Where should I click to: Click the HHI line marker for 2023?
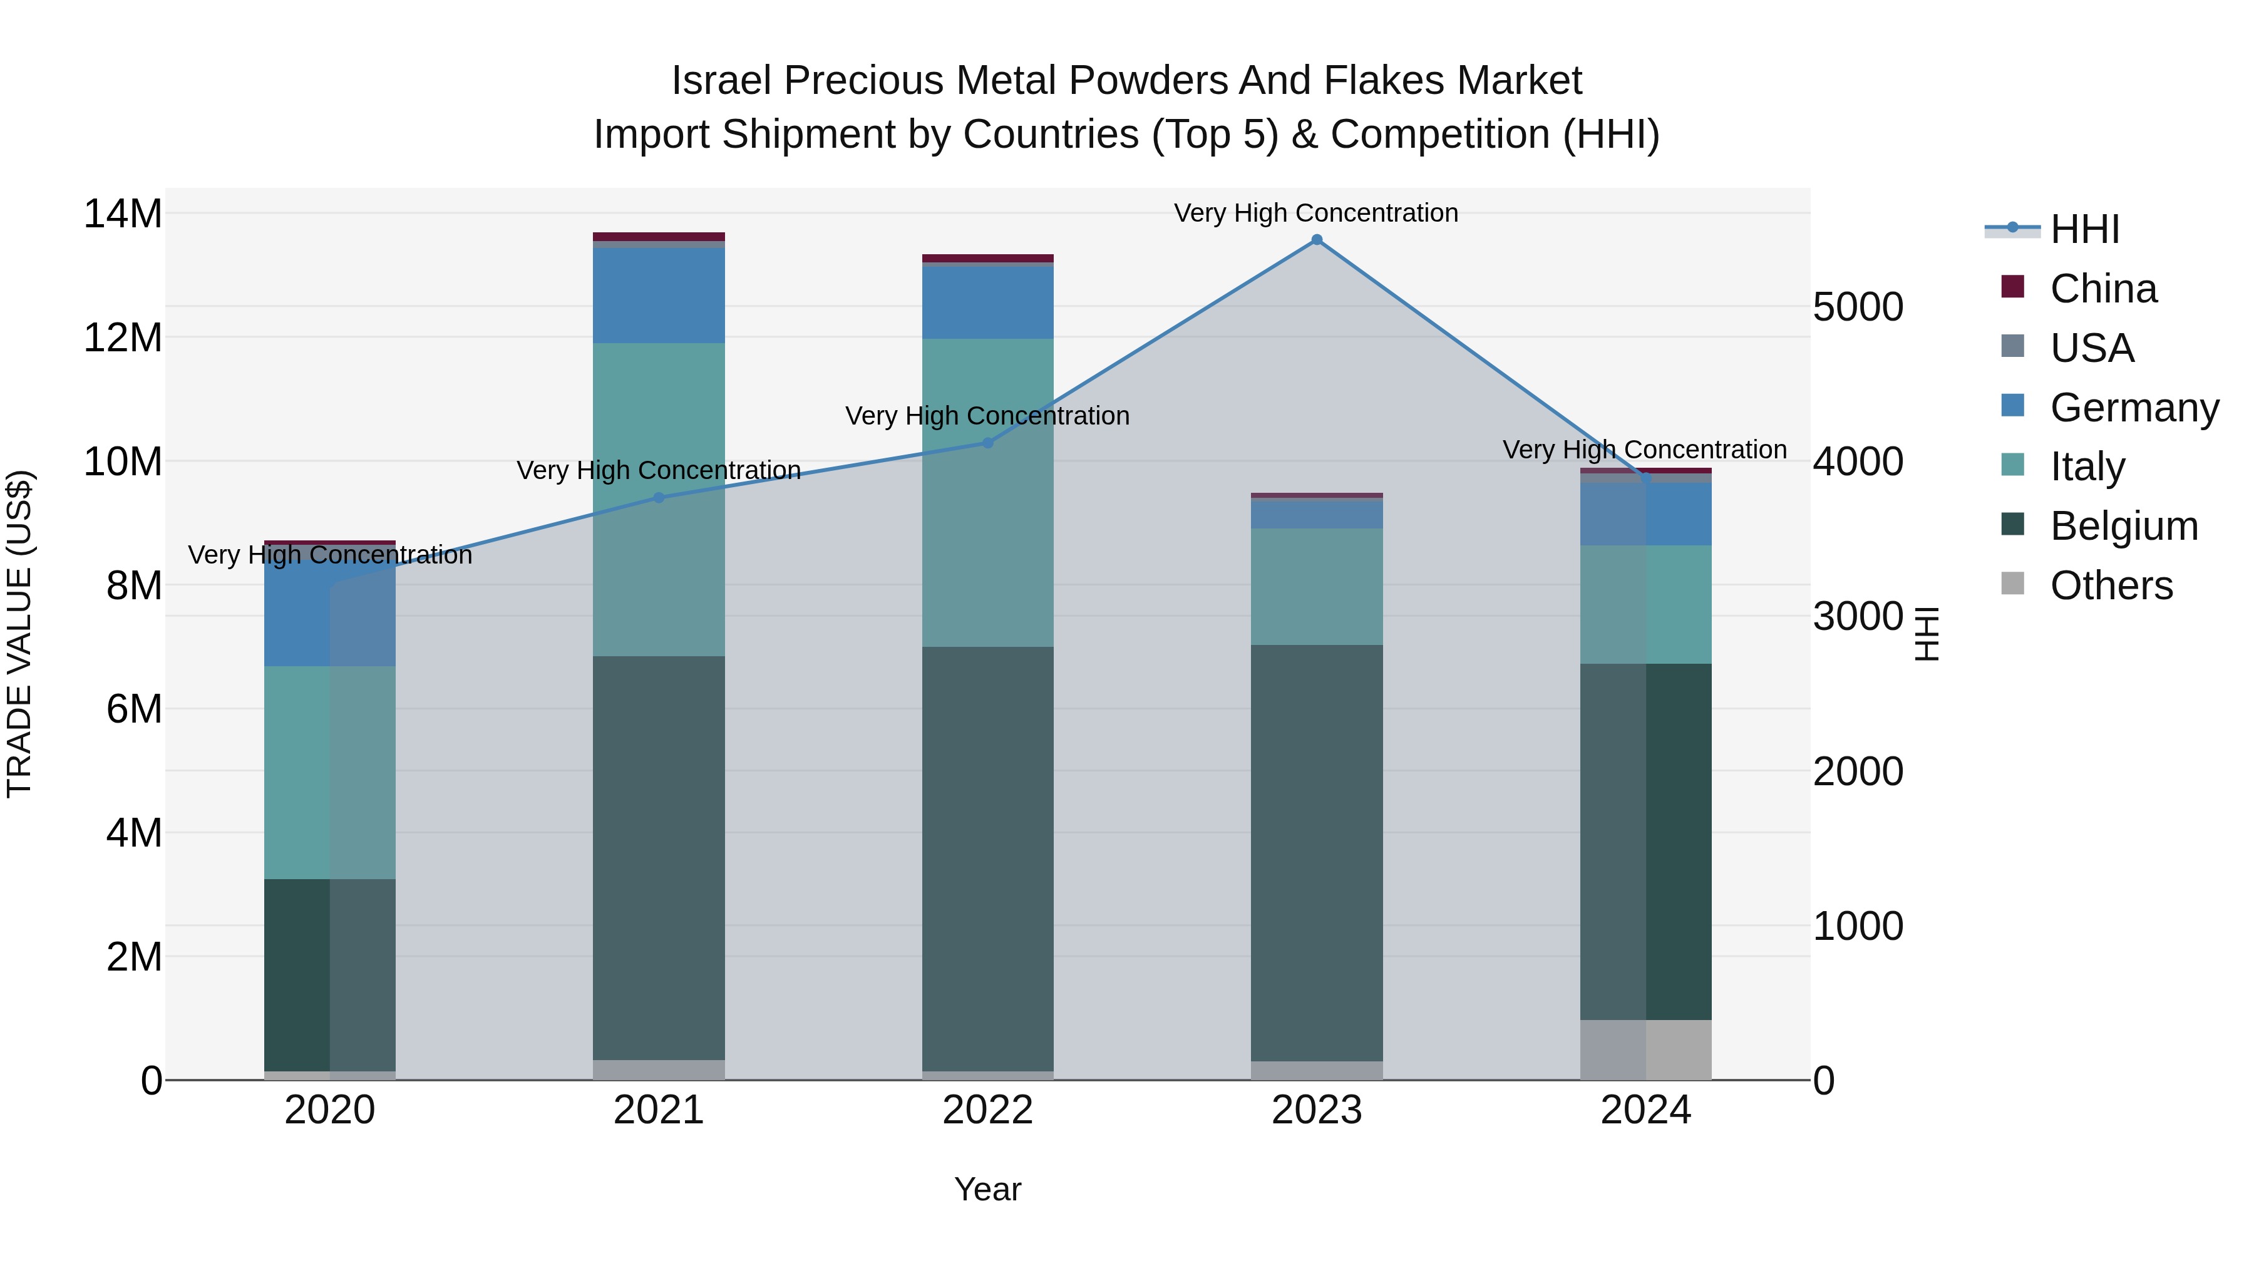(1317, 240)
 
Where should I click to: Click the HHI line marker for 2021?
(659, 497)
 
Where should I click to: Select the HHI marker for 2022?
(988, 443)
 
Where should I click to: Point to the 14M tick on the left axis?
(123, 214)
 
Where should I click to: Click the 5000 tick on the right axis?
(1858, 307)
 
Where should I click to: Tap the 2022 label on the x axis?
(988, 1110)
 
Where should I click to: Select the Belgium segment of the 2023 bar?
(1317, 853)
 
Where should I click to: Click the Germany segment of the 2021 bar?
(659, 296)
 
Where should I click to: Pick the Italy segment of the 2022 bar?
(988, 493)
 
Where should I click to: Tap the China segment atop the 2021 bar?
(659, 236)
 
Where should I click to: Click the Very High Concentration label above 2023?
(1316, 213)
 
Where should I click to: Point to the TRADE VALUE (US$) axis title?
(19, 634)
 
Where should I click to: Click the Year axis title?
(988, 1189)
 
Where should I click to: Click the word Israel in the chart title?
(721, 81)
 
